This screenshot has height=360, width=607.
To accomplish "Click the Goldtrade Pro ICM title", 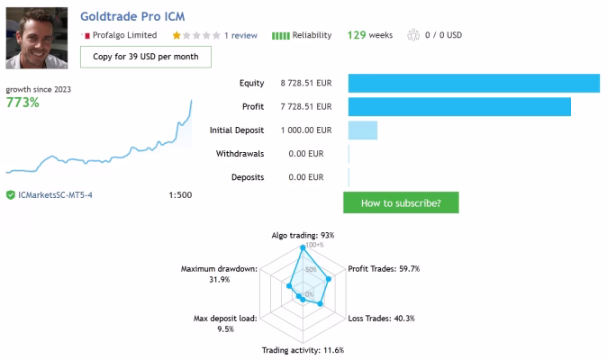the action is tap(132, 16).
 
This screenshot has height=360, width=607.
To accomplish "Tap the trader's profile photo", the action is tap(37, 38).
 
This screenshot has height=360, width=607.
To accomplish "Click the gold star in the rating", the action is tap(177, 36).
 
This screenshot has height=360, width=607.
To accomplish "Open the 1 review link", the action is tap(240, 36).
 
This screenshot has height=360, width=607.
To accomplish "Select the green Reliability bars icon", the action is tap(281, 36).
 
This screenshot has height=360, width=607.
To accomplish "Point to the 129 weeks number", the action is tap(357, 35).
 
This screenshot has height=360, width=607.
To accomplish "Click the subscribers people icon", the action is tap(413, 35).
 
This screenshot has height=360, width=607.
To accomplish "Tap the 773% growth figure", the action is tap(23, 103).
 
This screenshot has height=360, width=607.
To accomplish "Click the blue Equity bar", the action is tap(474, 83).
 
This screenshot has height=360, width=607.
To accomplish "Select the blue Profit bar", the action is tap(459, 107).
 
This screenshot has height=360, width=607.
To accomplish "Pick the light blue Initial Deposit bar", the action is tap(363, 130).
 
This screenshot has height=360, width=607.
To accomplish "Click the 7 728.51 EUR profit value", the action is tap(306, 107).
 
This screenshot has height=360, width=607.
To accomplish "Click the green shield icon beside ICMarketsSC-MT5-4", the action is tap(11, 195).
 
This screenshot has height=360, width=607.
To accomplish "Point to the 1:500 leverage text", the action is tap(180, 195).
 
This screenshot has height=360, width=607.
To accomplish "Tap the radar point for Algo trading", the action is tap(303, 247).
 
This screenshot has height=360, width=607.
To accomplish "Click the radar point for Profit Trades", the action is tap(329, 279).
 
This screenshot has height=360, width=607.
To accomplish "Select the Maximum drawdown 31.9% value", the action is tap(220, 280).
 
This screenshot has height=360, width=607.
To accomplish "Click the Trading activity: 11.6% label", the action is tap(303, 350).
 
